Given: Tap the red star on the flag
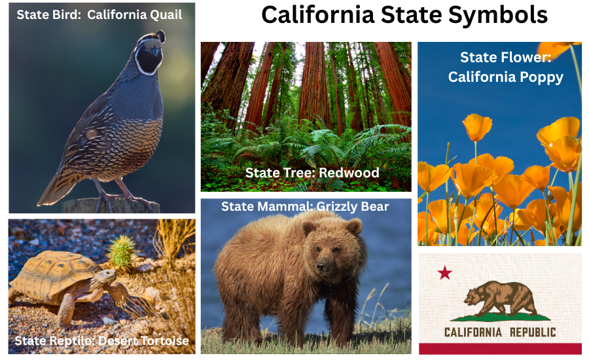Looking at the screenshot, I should tap(445, 272).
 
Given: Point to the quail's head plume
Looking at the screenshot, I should tap(159, 35).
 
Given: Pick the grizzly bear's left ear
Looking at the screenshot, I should tap(353, 227).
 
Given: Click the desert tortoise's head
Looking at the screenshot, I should tap(104, 279).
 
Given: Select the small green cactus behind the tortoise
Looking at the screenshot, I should tap(122, 251).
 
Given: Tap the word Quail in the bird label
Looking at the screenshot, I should tap(166, 14).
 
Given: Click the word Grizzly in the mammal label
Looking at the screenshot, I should tap(338, 207).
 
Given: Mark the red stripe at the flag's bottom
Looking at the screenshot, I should tap(500, 348).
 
